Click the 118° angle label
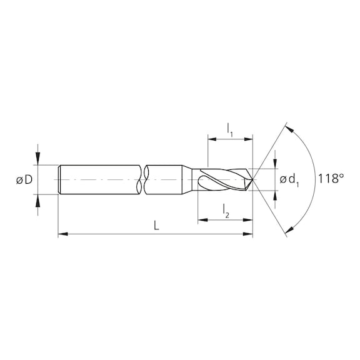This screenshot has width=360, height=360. point(331,179)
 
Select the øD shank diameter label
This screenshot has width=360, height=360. point(24,180)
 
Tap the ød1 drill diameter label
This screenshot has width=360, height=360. point(289,180)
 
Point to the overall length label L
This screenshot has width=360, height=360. point(156,226)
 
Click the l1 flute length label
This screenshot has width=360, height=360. point(229,129)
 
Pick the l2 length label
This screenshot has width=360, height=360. point(226,212)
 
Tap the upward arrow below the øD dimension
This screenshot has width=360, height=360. point(38,199)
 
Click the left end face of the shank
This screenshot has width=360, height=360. point(59,179)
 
